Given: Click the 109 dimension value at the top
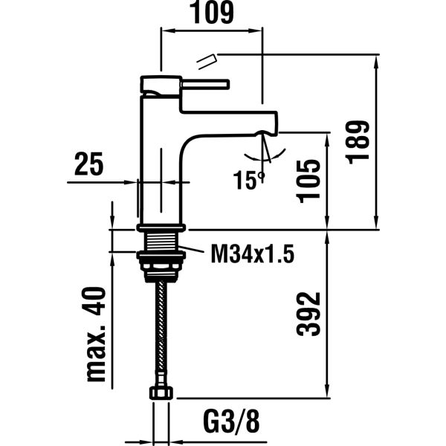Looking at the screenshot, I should [x=213, y=13].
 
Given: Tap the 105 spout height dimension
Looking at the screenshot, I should [x=311, y=181].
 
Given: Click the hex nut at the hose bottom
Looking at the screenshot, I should [x=159, y=392].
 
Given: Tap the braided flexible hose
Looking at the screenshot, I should [x=159, y=327].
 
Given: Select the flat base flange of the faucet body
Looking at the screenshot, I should [x=160, y=226].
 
